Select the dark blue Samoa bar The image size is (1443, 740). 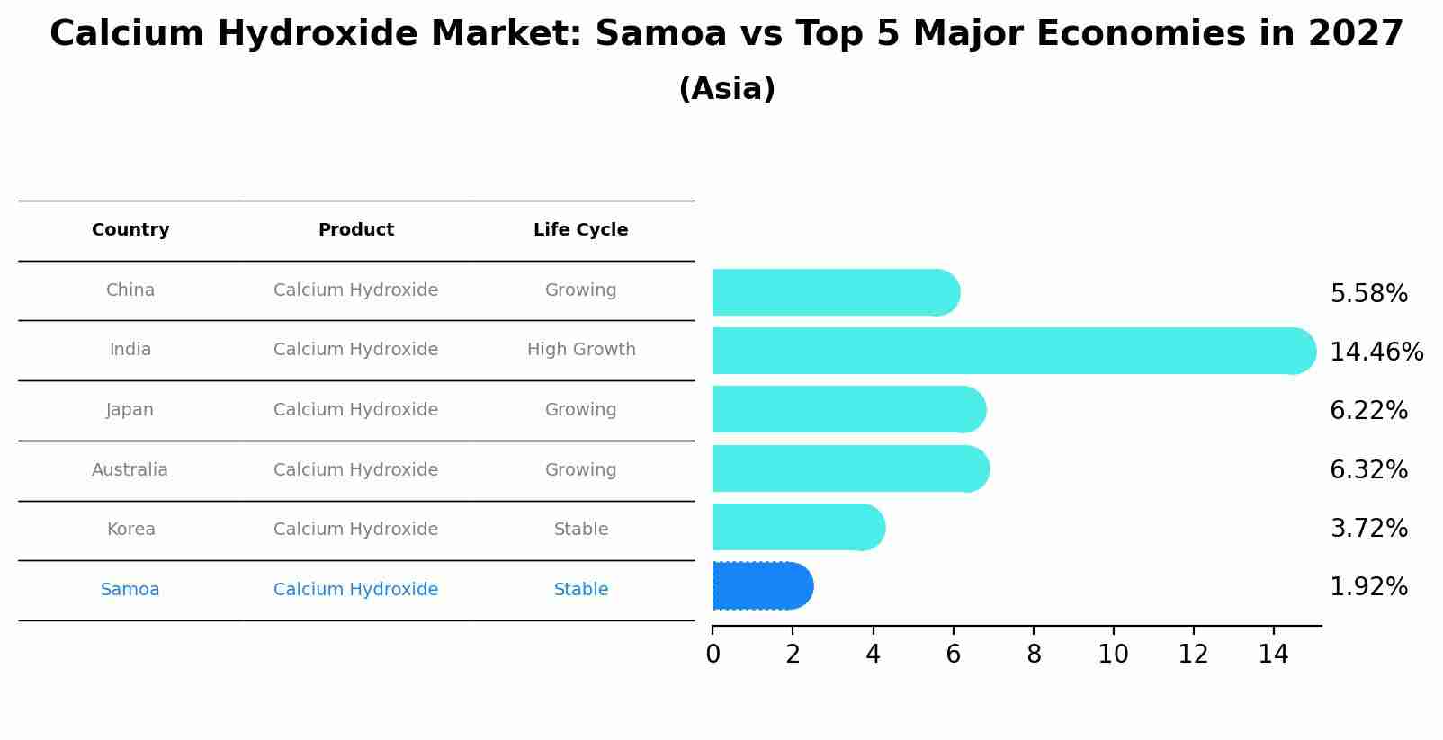point(762,586)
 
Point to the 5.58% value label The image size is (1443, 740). point(1368,294)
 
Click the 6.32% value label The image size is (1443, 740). point(1368,469)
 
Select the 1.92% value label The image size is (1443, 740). point(1368,587)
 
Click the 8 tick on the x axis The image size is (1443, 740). point(1034,655)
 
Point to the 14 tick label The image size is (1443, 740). point(1273,655)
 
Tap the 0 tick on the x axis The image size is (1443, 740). point(713,655)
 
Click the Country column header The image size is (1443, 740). point(130,230)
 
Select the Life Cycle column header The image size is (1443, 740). point(580,230)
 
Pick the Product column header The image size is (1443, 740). point(356,230)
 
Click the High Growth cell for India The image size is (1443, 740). point(581,350)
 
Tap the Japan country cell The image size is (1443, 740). point(130,410)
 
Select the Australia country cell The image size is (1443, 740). point(130,469)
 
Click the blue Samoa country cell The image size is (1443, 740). point(130,590)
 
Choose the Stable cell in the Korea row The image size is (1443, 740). point(581,530)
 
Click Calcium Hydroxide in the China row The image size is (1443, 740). point(356,290)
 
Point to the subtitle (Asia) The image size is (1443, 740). point(727,89)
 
